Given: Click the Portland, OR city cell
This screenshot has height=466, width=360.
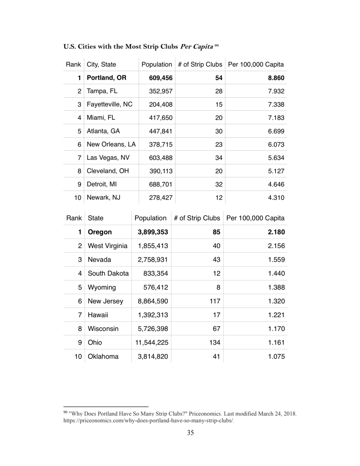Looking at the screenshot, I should [106, 78].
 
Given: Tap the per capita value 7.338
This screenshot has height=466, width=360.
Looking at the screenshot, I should [274, 104].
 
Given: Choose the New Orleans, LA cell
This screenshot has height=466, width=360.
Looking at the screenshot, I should [111, 145].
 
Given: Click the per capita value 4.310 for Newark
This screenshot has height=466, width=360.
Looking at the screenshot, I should [274, 198].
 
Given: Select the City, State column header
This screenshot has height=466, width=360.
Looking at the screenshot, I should [101, 64].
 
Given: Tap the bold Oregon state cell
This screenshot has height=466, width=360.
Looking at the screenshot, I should [99, 232].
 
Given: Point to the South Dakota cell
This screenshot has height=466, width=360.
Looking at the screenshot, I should [108, 273].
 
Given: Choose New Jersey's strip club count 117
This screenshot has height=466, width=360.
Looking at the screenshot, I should [214, 301].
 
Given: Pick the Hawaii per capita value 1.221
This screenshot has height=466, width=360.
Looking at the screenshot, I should [274, 315].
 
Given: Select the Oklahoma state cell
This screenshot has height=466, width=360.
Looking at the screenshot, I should [103, 357].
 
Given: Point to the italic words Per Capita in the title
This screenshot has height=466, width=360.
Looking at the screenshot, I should [197, 47].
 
